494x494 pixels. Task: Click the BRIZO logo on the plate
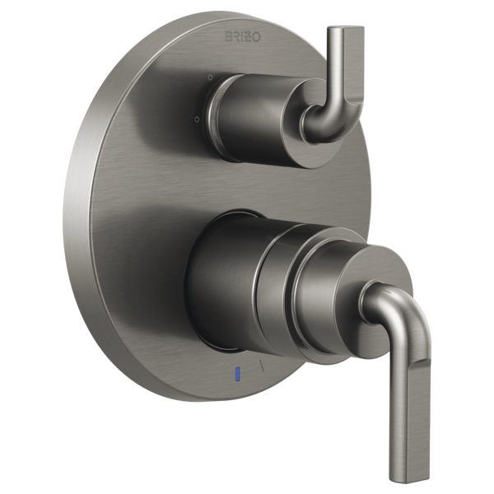[243, 36]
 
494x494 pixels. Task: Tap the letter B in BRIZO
[228, 36]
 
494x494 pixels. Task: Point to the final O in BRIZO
[257, 37]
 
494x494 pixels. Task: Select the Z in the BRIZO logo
[249, 37]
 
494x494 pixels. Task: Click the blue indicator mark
[238, 373]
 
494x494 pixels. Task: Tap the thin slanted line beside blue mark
[262, 366]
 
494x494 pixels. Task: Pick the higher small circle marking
[211, 77]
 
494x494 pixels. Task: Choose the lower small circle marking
[198, 119]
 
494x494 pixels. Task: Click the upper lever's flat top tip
[346, 29]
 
